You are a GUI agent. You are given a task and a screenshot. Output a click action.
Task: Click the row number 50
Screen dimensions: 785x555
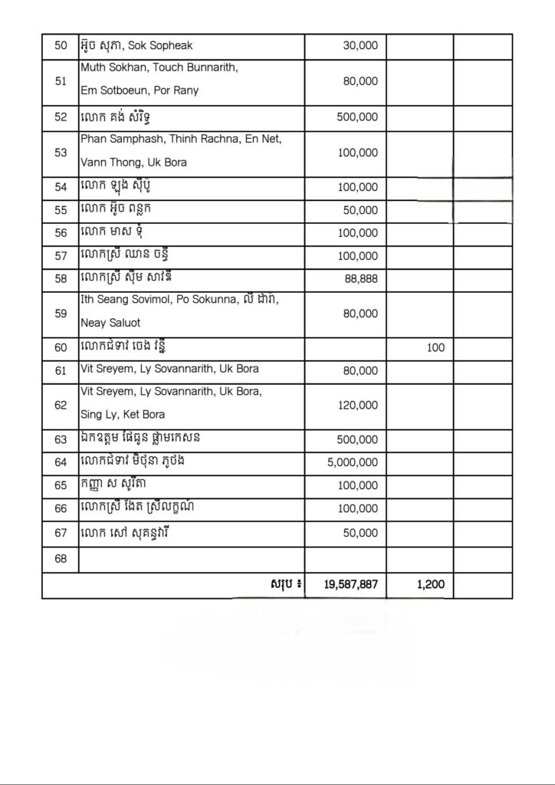[x=61, y=46]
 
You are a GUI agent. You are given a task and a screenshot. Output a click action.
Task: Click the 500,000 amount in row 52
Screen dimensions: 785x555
[x=357, y=118]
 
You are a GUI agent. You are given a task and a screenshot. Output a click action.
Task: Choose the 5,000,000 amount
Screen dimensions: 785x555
[x=352, y=462]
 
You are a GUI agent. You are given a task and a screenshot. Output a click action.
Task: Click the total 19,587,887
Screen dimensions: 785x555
[x=351, y=584]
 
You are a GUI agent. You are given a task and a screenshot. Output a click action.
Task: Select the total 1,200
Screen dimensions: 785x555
[x=431, y=584]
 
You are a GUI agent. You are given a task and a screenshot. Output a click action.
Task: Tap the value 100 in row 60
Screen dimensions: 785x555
[x=435, y=347]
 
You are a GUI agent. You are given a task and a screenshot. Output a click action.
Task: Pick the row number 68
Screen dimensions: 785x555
[x=61, y=559]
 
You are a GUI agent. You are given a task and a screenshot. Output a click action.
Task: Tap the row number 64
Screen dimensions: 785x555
[x=61, y=462]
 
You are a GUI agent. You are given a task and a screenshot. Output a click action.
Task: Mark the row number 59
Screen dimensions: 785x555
[x=61, y=313]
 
